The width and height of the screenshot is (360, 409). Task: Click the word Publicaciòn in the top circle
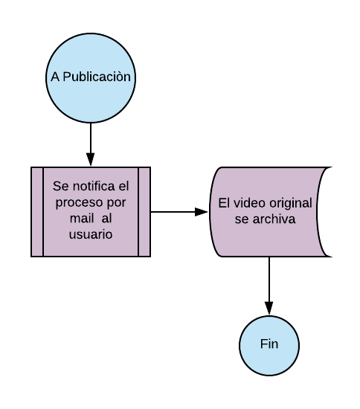[x=97, y=77]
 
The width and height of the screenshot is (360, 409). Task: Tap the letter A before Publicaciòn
[x=55, y=77]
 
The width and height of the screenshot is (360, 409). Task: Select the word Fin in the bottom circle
[x=269, y=344]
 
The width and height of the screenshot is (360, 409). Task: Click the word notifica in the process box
[x=94, y=186]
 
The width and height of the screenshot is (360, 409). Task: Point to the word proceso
[x=80, y=204]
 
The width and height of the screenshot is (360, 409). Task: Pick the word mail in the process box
[x=82, y=218]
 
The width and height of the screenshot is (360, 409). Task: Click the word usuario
[x=91, y=234]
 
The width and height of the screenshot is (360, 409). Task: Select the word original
[x=291, y=204]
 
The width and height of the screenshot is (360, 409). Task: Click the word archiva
[x=274, y=219]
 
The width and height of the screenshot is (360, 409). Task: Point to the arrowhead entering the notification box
[x=91, y=160]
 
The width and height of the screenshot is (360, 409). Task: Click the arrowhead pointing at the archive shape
[x=202, y=212]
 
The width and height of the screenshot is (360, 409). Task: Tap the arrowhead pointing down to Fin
[x=269, y=309]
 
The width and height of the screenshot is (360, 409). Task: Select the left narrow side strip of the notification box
[x=37, y=212]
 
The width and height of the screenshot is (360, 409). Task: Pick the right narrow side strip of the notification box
[x=144, y=212]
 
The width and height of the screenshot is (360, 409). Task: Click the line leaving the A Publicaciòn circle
[x=91, y=144]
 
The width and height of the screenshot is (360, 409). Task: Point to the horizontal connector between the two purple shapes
[x=179, y=212]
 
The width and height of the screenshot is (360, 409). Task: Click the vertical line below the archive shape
[x=269, y=286]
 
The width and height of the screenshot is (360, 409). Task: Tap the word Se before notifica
[x=61, y=186]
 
